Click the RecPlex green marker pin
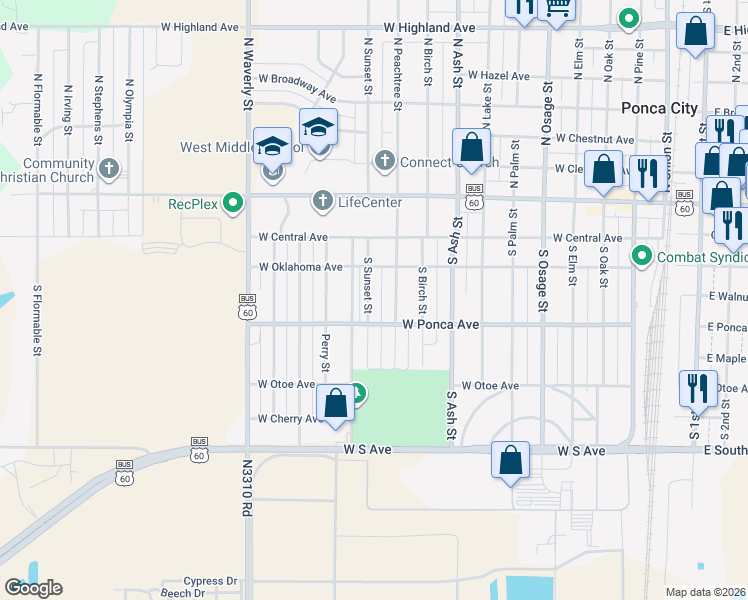(x=233, y=203)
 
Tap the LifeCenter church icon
(x=322, y=202)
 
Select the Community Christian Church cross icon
(x=110, y=169)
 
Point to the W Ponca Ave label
(x=441, y=325)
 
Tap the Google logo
(x=33, y=588)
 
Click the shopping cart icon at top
(x=557, y=8)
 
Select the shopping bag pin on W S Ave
(x=510, y=461)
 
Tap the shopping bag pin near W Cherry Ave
(x=336, y=404)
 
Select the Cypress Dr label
(x=212, y=581)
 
